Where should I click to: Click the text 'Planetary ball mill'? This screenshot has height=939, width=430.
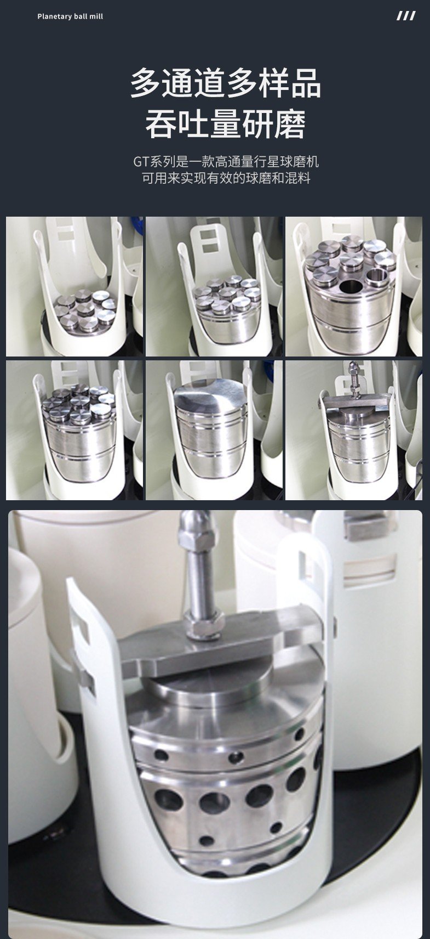70,16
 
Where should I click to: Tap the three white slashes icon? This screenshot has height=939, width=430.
406,16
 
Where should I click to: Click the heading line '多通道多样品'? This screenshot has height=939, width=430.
226,83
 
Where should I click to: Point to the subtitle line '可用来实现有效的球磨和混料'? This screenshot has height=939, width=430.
226,178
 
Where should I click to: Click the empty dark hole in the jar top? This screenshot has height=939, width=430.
351,286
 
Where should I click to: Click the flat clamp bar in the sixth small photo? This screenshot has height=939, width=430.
354,403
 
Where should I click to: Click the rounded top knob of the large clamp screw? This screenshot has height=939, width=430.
197,528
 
